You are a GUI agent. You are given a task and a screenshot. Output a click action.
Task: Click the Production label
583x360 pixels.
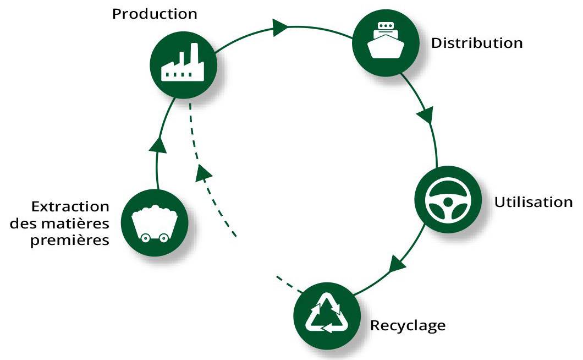155,14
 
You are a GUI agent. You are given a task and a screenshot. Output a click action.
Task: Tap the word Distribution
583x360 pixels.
476,43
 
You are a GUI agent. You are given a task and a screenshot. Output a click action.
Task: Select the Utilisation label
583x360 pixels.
533,201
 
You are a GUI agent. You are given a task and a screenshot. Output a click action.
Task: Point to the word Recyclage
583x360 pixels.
408,325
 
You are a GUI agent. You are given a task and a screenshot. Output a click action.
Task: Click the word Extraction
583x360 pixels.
70,207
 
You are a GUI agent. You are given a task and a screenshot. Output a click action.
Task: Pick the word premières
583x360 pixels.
78,240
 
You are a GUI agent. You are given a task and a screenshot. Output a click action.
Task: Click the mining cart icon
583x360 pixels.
155,223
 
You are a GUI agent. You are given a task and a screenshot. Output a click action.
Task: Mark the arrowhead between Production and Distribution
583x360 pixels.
280,26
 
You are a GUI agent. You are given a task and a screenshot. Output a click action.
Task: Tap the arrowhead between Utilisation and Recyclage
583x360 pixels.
397,264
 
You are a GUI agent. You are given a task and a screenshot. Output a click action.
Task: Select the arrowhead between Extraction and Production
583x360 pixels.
158,144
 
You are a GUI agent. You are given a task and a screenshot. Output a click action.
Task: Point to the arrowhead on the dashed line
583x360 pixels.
204,172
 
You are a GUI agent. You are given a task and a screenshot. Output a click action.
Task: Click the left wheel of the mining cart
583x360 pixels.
146,238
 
